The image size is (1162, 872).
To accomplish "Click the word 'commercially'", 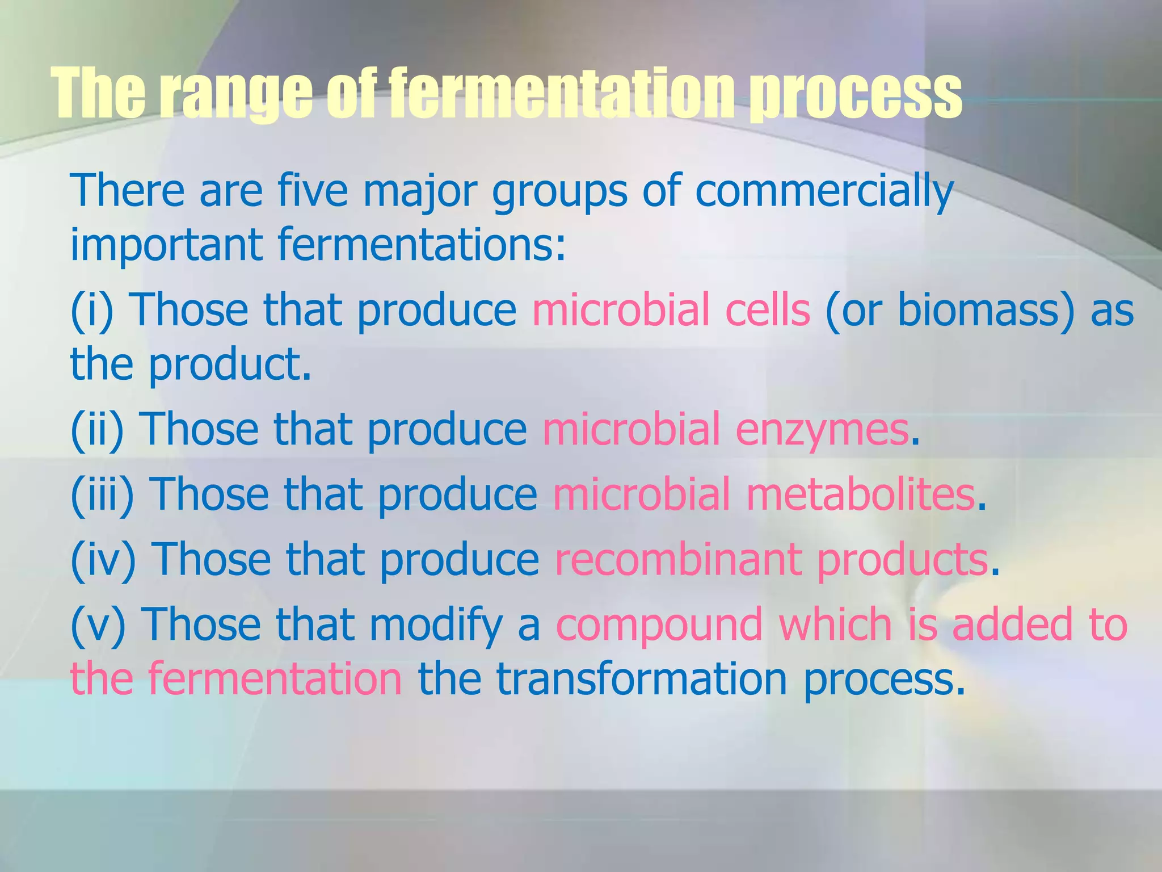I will pyautogui.click(x=824, y=191).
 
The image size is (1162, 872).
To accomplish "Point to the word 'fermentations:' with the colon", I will pyautogui.click(x=422, y=245).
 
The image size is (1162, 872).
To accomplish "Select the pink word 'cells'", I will pyautogui.click(x=768, y=310).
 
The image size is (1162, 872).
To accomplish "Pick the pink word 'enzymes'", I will pyautogui.click(x=822, y=430).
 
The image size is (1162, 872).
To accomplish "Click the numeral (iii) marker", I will pyautogui.click(x=103, y=494).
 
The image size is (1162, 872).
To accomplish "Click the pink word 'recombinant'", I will pyautogui.click(x=678, y=559).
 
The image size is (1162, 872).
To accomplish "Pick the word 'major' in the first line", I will pyautogui.click(x=420, y=191).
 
